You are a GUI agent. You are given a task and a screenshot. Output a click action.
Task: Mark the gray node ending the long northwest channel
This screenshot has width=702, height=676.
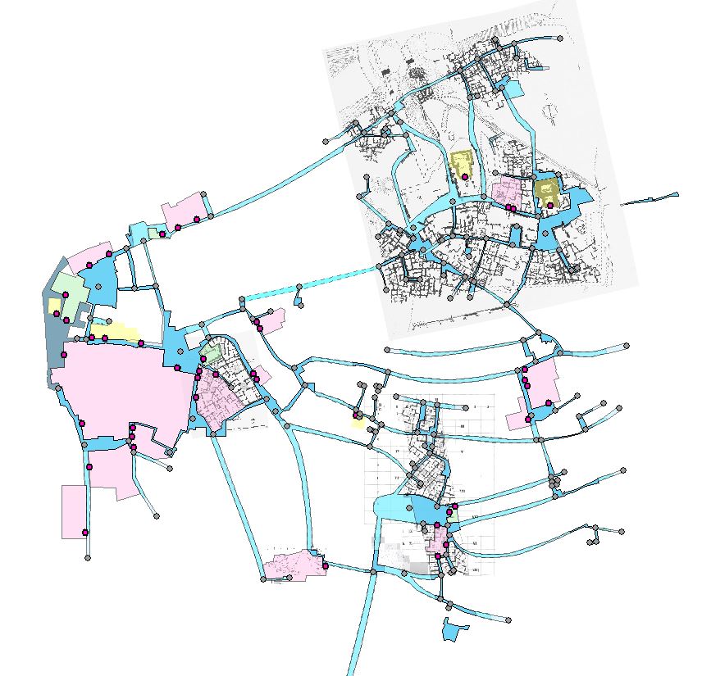point(326,142)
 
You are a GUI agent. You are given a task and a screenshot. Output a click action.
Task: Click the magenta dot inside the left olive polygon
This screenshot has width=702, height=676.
point(465,176)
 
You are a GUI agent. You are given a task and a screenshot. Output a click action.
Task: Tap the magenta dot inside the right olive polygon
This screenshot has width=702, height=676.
point(549,205)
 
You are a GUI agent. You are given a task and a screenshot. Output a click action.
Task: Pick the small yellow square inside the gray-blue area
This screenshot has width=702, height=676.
point(54,306)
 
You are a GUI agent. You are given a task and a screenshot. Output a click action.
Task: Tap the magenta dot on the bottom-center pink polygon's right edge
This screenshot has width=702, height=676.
point(326,565)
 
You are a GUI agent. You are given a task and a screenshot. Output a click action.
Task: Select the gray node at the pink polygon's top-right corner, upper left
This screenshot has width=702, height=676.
point(203,191)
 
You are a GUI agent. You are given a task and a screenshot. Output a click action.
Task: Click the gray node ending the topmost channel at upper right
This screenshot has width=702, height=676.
point(561,36)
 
